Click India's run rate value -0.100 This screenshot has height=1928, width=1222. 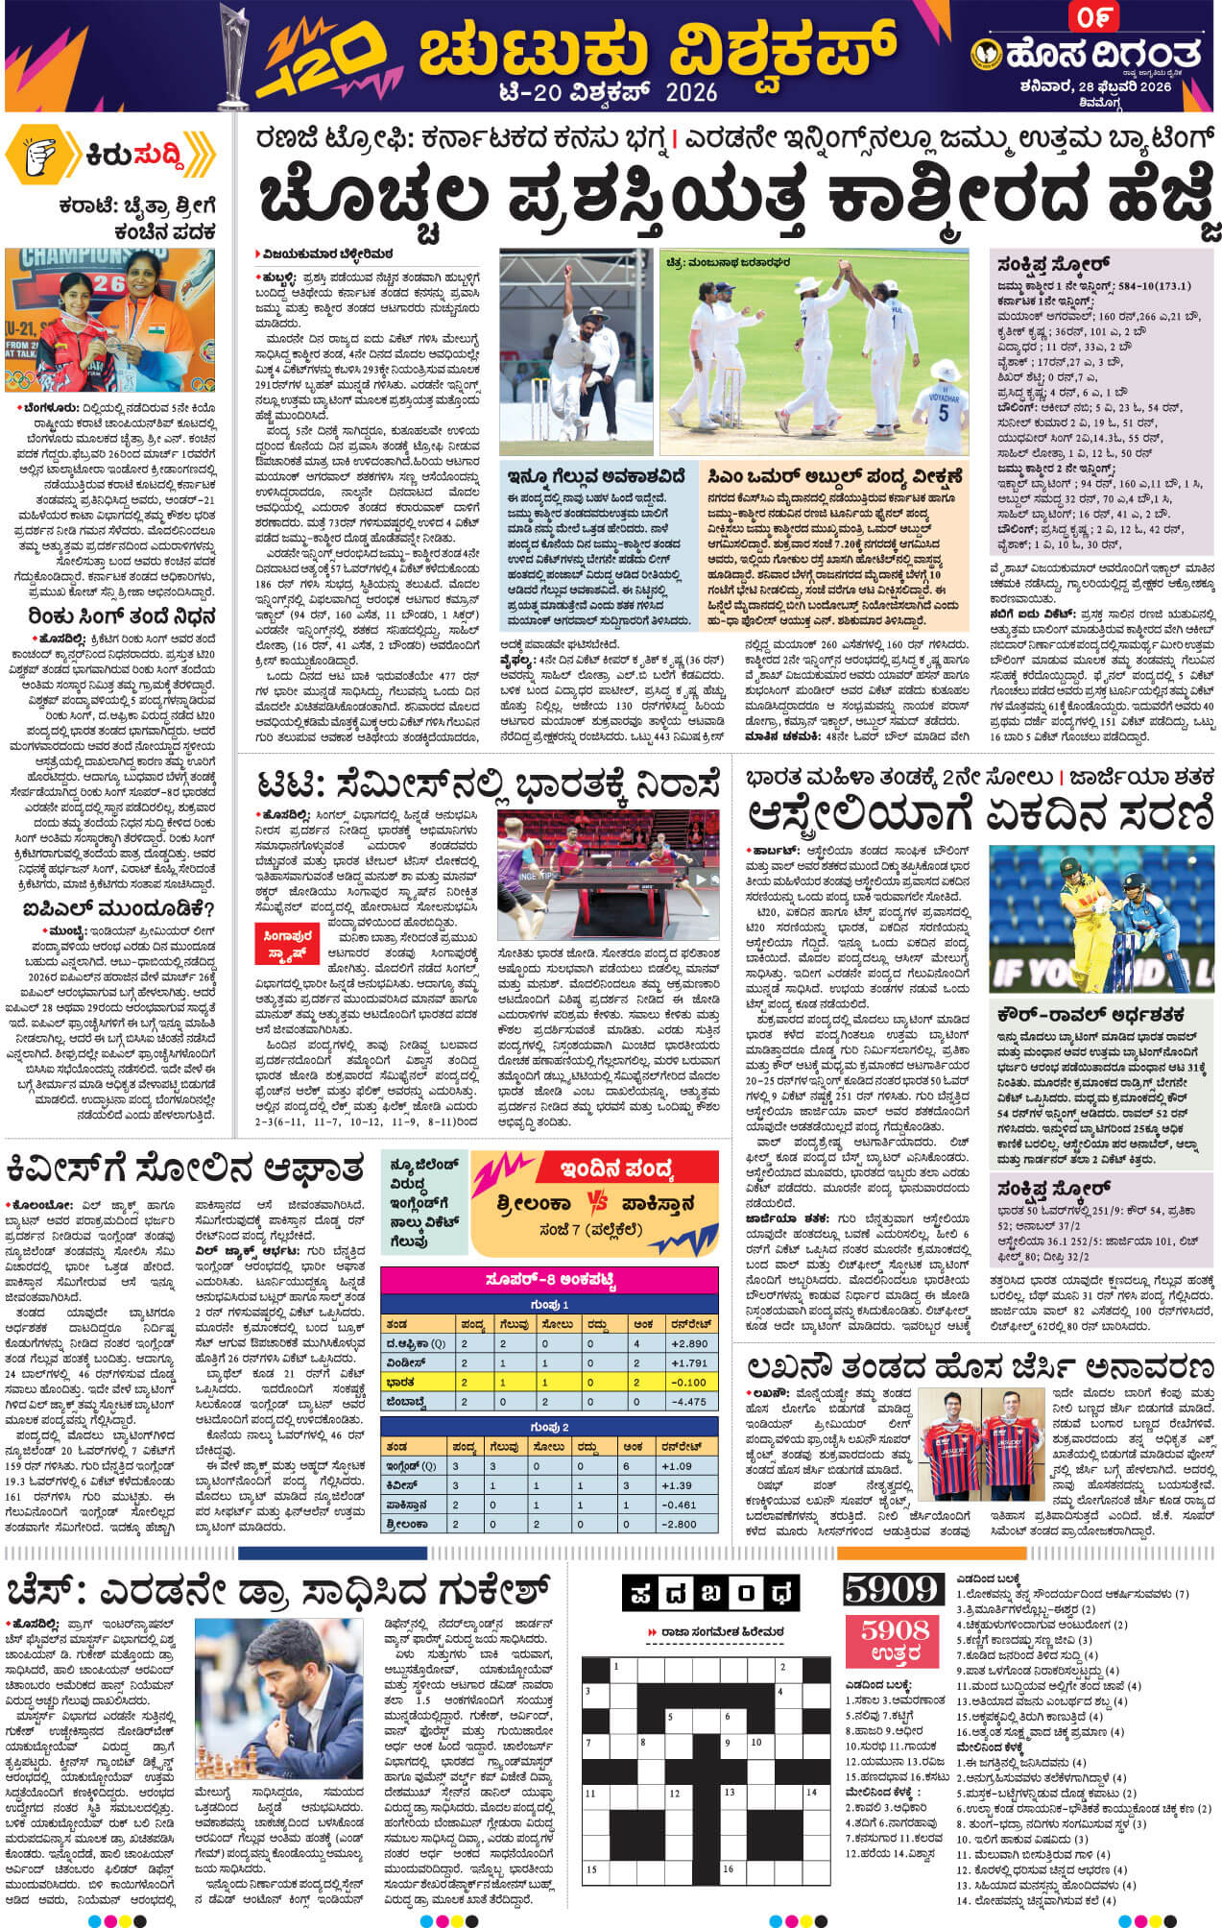pos(690,1383)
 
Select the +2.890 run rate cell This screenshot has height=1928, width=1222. pos(690,1343)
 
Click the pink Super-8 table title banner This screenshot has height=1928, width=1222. pos(549,1280)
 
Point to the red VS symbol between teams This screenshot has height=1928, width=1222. pos(595,1203)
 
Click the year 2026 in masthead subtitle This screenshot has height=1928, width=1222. pos(689,91)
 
